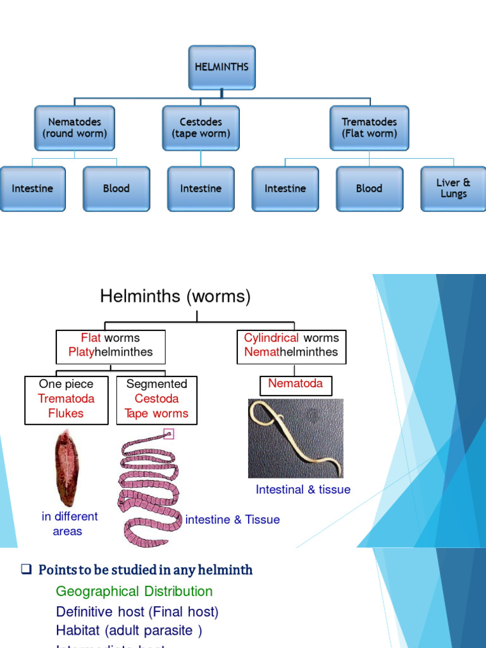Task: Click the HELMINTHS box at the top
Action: pyautogui.click(x=221, y=67)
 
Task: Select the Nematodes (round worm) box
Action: pyautogui.click(x=75, y=128)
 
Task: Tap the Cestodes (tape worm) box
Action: pyautogui.click(x=201, y=128)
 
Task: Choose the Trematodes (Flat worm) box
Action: pyautogui.click(x=369, y=128)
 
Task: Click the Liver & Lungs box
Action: pyautogui.click(x=453, y=189)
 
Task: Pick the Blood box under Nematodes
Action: pyautogui.click(x=116, y=189)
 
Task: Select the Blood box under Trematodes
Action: pyautogui.click(x=369, y=189)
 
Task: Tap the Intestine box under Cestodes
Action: pyautogui.click(x=201, y=189)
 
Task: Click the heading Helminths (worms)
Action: pyautogui.click(x=175, y=296)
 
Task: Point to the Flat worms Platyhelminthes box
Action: pyautogui.click(x=111, y=346)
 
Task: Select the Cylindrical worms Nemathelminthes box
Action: pyautogui.click(x=291, y=346)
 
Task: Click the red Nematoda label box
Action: pyautogui.click(x=296, y=383)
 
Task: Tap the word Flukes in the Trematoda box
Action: pyautogui.click(x=66, y=413)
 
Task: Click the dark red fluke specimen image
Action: pyautogui.click(x=66, y=469)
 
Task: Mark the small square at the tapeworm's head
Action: pyautogui.click(x=168, y=433)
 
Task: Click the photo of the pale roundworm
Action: pyautogui.click(x=296, y=439)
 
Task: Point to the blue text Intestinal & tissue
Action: pyautogui.click(x=302, y=489)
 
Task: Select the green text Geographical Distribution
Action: pyautogui.click(x=134, y=592)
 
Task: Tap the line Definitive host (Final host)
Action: pyautogui.click(x=137, y=612)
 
